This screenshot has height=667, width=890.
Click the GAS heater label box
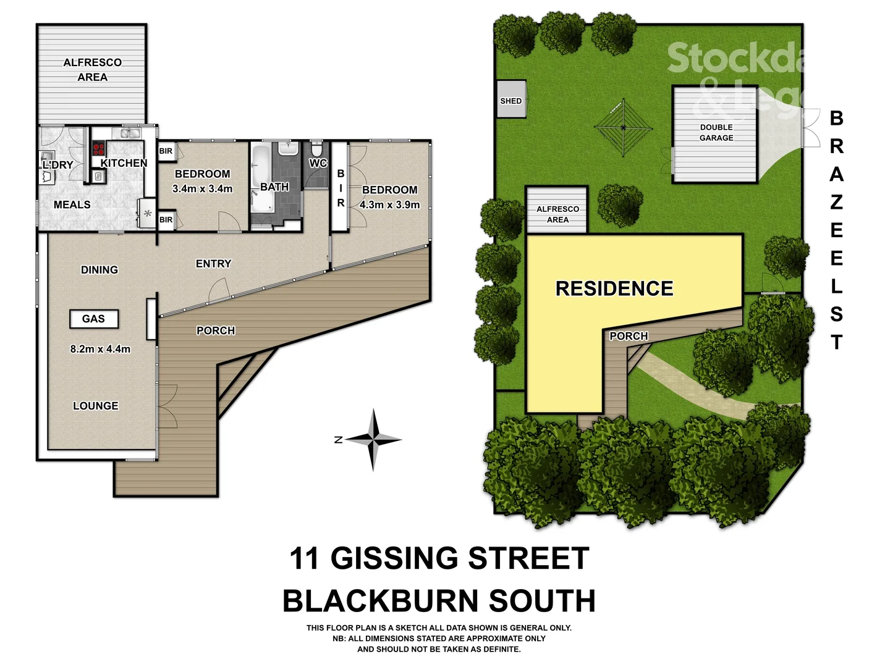click(93, 319)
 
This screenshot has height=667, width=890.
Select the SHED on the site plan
click(511, 99)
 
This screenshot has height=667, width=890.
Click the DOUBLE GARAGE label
click(716, 133)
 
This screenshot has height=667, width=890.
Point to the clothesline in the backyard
click(623, 128)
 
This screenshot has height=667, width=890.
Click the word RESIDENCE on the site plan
click(614, 288)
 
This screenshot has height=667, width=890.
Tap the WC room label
click(318, 163)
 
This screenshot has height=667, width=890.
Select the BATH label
click(274, 187)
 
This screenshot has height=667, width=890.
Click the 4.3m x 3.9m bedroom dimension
click(389, 204)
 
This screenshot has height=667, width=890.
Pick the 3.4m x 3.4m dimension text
click(202, 188)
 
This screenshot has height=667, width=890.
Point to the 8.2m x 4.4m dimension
click(100, 349)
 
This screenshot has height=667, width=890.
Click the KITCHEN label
click(124, 163)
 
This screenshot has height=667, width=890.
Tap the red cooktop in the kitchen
click(98, 149)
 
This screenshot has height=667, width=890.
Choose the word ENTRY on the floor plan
click(213, 264)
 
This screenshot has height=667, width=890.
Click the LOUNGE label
click(96, 406)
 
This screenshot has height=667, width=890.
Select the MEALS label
click(72, 204)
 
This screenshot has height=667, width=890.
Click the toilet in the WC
click(317, 150)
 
